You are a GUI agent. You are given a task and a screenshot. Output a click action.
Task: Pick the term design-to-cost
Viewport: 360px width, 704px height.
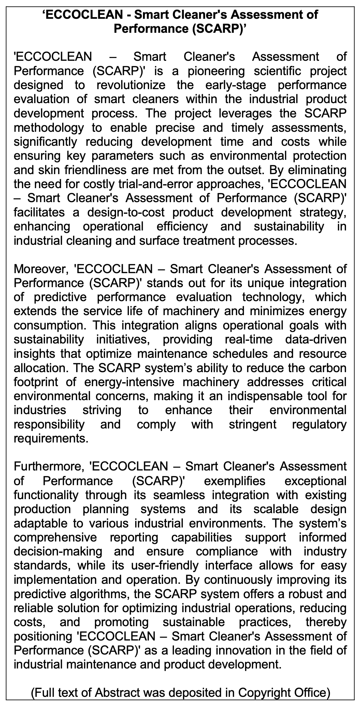[126, 212]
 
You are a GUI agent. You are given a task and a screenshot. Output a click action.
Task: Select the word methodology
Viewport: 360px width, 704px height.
[48, 127]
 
